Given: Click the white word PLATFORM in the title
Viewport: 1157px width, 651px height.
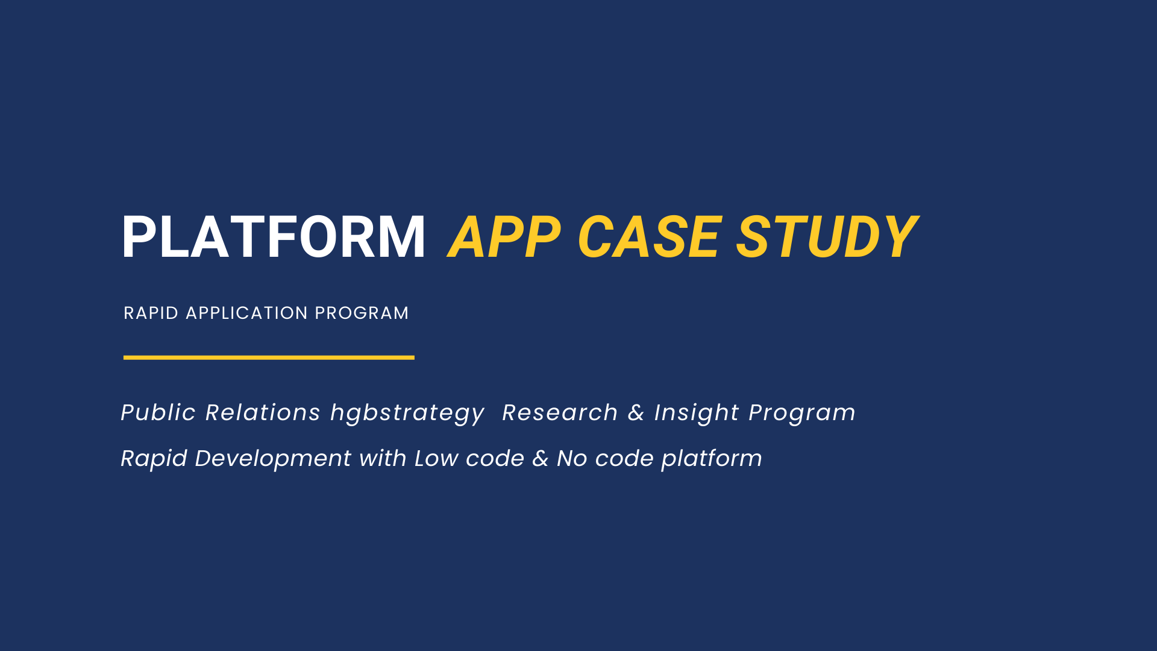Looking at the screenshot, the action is (274, 237).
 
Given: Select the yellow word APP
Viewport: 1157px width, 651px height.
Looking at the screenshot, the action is (504, 237).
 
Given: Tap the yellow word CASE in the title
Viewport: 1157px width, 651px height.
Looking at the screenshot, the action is (649, 237).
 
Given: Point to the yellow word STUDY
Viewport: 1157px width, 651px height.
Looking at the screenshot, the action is (827, 237).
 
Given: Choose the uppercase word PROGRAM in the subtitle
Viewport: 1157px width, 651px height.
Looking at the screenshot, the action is (362, 313).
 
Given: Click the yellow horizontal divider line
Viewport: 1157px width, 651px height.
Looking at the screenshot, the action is (269, 357).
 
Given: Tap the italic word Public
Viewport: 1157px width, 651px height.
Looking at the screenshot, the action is (158, 412).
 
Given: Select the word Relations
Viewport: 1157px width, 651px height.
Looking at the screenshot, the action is (263, 412).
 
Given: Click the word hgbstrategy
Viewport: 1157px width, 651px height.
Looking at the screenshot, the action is (407, 414).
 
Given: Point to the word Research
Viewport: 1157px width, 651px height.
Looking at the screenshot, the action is (560, 412).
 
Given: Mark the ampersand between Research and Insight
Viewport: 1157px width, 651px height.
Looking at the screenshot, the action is (636, 412).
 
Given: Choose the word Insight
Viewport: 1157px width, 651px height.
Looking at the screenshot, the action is (697, 414).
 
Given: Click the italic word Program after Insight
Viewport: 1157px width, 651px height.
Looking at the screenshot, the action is (802, 414).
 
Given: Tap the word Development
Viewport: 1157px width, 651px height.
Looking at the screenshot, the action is (273, 460).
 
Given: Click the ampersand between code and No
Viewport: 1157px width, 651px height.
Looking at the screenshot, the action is (541, 458).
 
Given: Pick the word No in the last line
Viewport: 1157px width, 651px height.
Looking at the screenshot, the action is (572, 458).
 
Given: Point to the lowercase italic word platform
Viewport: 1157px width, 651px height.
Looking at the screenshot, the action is (712, 460).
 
